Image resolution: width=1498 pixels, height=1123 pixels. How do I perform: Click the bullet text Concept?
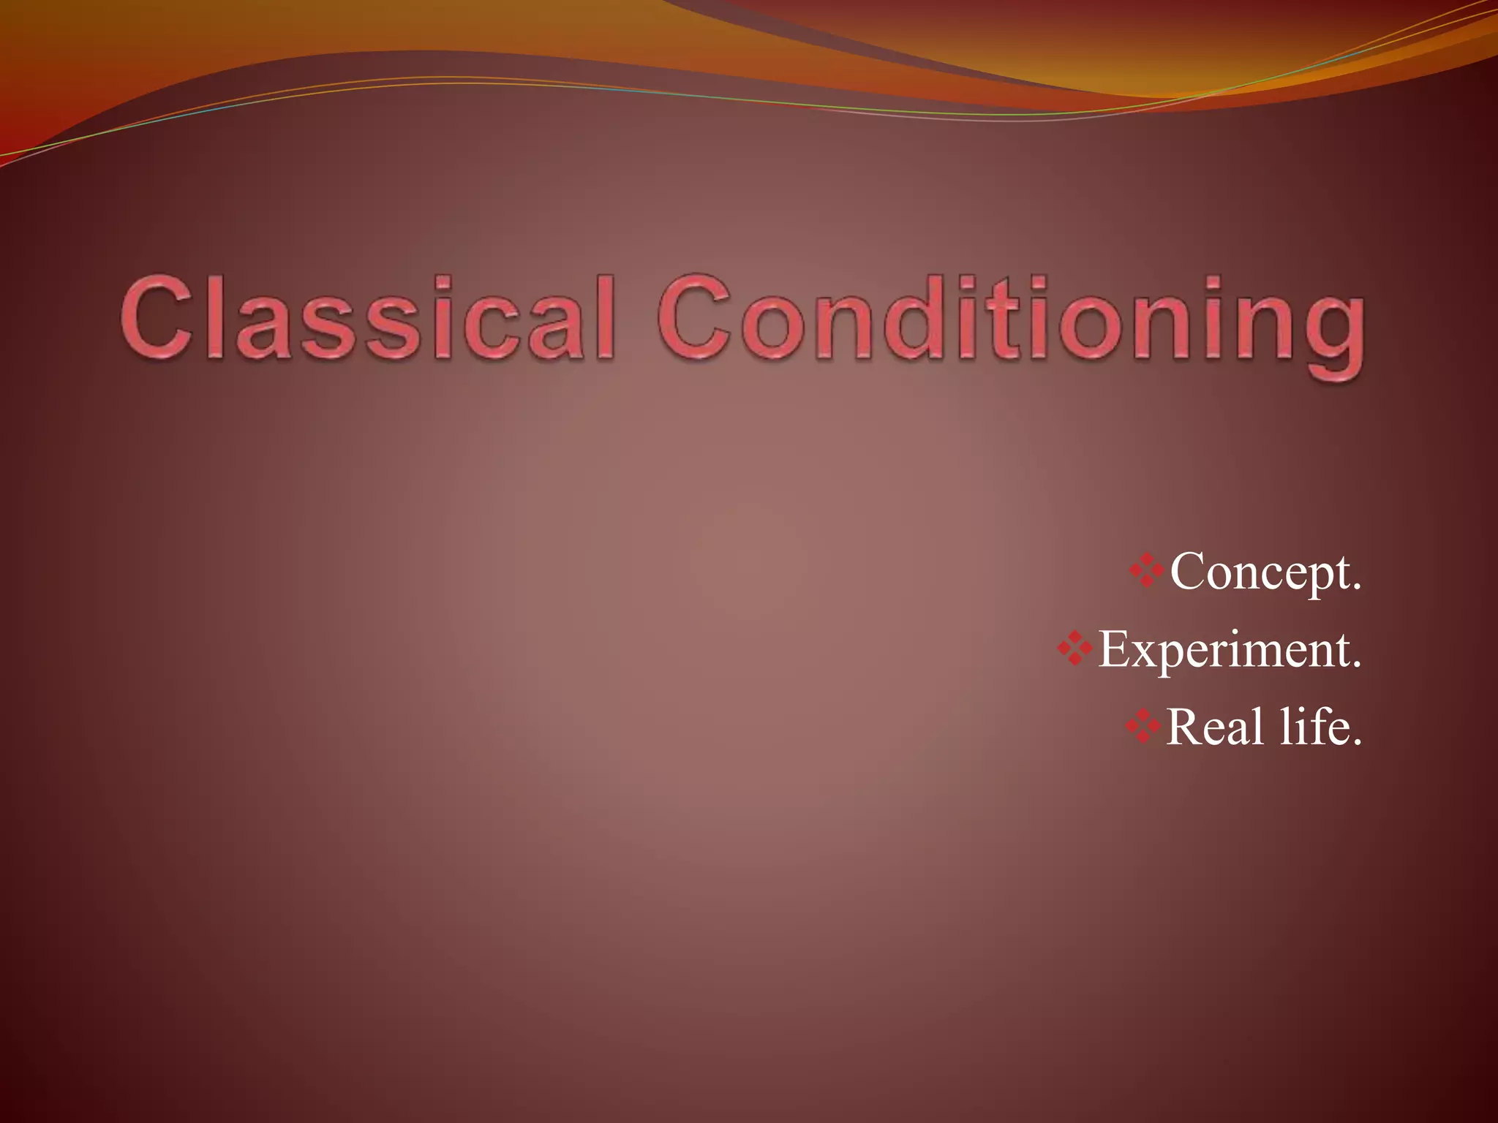(x=1265, y=572)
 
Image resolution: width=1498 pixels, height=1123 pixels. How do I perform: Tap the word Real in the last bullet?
(x=1214, y=727)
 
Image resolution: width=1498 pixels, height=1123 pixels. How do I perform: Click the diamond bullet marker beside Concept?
(x=1147, y=571)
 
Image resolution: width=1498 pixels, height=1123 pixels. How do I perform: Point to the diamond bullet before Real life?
(x=1143, y=726)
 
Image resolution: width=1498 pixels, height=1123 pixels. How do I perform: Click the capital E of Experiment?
(x=1115, y=649)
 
